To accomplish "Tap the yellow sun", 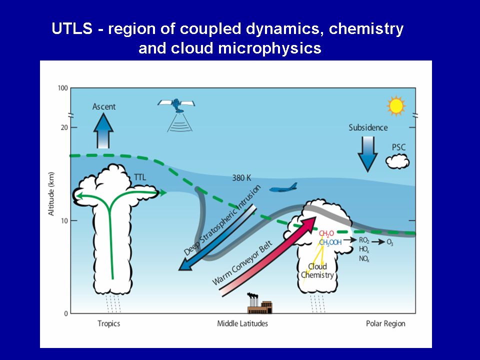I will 396,105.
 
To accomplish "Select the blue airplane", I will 283,188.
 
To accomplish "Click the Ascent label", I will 104,106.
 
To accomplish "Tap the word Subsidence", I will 368,127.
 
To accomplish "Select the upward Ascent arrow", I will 104,130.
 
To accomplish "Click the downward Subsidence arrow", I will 367,153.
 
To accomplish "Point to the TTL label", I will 140,177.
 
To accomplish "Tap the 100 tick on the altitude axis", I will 62,88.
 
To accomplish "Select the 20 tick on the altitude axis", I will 64,127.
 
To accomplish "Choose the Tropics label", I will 108,323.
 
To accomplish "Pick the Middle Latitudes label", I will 242,323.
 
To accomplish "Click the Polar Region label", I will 385,323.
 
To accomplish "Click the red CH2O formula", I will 326,233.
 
